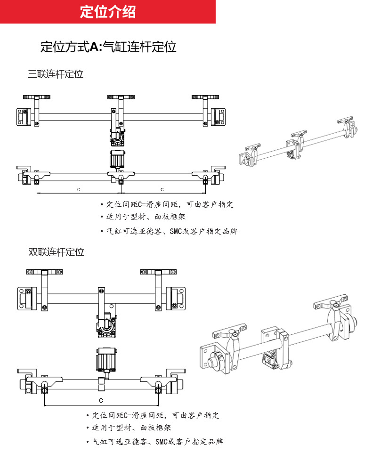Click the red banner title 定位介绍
point(108,12)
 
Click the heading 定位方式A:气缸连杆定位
point(108,47)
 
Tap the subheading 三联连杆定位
point(56,74)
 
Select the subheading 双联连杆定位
point(56,252)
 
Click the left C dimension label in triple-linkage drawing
point(79,189)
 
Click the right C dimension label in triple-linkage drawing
point(162,189)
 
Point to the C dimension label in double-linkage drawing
point(101,400)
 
